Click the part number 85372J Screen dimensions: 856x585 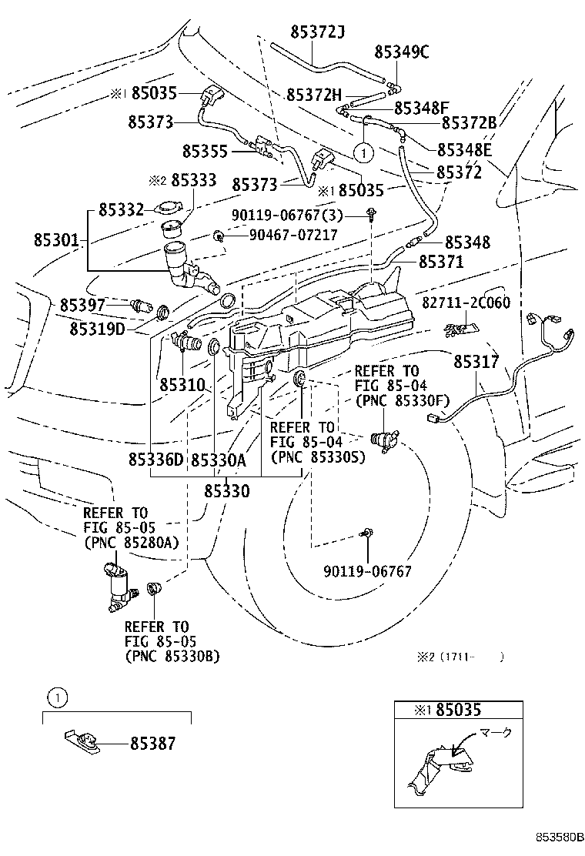(x=317, y=32)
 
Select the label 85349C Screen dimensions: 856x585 (x=401, y=52)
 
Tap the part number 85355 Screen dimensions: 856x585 (x=205, y=151)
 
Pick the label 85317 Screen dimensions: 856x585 (x=476, y=360)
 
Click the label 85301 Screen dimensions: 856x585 (x=56, y=239)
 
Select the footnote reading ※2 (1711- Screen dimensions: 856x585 (x=460, y=657)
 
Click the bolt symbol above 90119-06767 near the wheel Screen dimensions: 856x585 (x=367, y=533)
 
